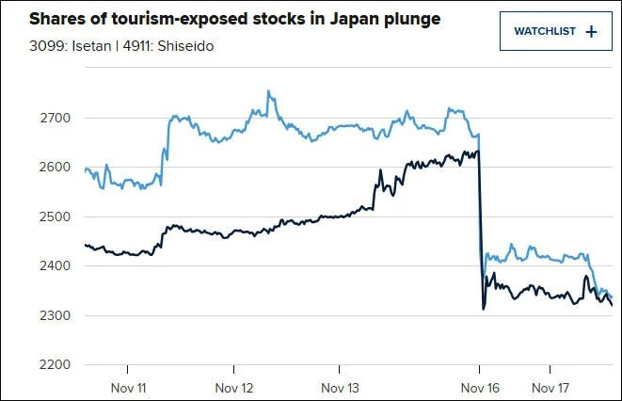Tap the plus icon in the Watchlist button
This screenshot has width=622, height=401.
click(591, 31)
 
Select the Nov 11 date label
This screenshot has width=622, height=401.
click(129, 387)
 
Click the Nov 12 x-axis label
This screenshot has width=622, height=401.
click(234, 387)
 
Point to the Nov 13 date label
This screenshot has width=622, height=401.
click(341, 387)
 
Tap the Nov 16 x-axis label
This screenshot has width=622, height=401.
click(479, 387)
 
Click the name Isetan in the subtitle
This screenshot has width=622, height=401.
click(71, 44)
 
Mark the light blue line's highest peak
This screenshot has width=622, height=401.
click(268, 91)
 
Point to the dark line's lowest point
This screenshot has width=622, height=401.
click(483, 309)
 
